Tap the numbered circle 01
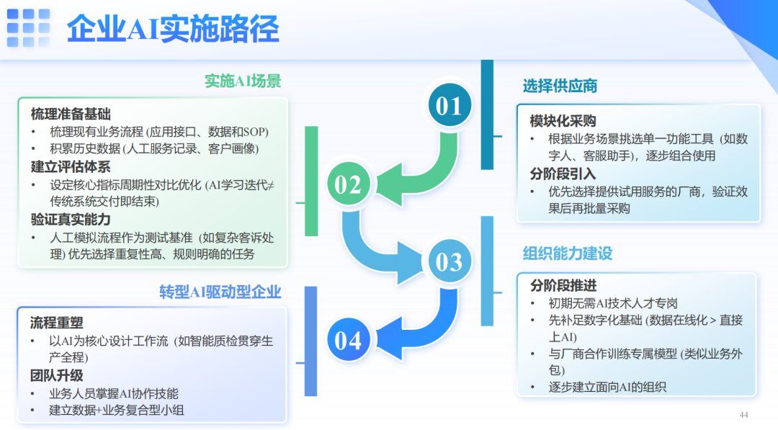click(449, 107)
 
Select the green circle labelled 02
click(348, 185)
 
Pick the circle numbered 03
click(449, 261)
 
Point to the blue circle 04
click(348, 340)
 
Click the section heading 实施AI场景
click(242, 81)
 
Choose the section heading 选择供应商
click(560, 86)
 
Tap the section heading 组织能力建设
click(567, 254)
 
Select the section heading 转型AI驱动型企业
click(220, 292)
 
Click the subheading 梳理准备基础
click(71, 114)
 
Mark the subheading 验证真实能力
click(71, 220)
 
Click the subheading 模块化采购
click(563, 120)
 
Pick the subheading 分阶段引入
click(563, 174)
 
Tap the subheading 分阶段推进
click(563, 286)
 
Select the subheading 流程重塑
click(56, 323)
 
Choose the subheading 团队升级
click(56, 375)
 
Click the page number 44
click(744, 415)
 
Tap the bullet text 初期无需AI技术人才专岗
click(613, 303)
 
